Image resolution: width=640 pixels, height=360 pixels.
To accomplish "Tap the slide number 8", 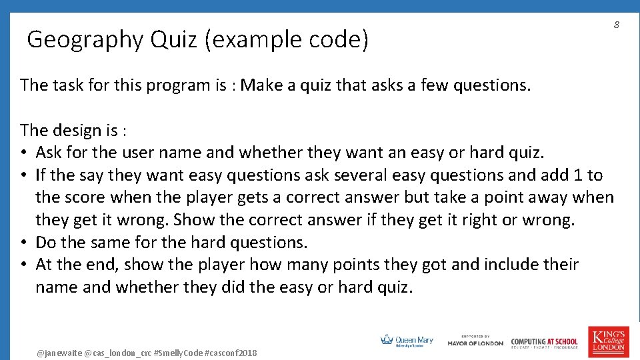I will click(x=617, y=25).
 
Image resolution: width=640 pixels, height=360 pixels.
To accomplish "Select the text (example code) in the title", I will click(x=287, y=41).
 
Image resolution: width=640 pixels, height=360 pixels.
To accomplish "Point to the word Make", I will click(x=263, y=85).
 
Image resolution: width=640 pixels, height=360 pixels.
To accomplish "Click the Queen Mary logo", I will click(x=407, y=341).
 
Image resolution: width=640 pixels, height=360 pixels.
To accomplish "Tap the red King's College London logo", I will click(x=607, y=341).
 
